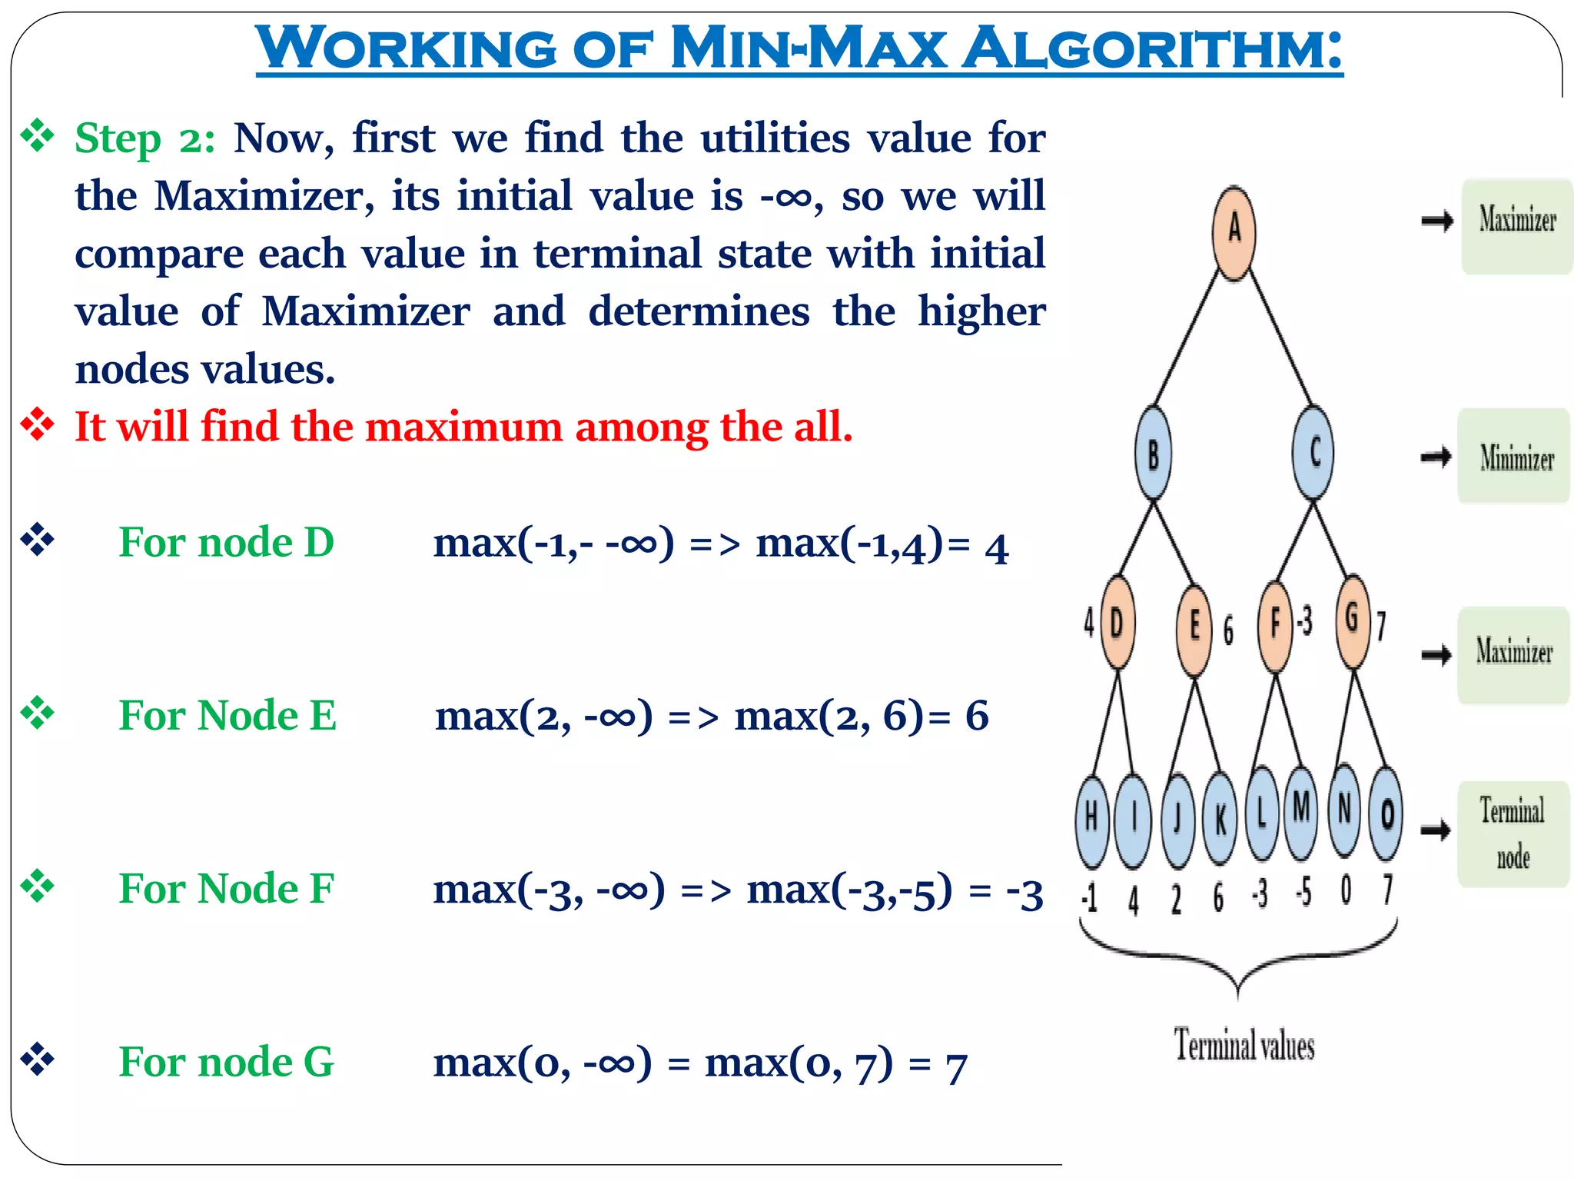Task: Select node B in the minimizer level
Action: pyautogui.click(x=1153, y=454)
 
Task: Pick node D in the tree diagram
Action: pyautogui.click(x=1117, y=623)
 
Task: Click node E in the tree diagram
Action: pyautogui.click(x=1194, y=628)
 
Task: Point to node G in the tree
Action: pyautogui.click(x=1353, y=620)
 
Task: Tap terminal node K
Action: pyautogui.click(x=1220, y=819)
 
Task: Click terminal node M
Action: pyautogui.click(x=1300, y=811)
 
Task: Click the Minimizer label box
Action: pyautogui.click(x=1514, y=457)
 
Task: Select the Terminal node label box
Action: pyautogui.click(x=1513, y=834)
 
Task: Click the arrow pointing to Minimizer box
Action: pyautogui.click(x=1436, y=457)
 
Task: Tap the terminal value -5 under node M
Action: pyautogui.click(x=1303, y=893)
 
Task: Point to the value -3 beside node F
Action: pyautogui.click(x=1305, y=621)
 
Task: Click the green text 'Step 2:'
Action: pyautogui.click(x=144, y=139)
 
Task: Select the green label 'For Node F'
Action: pyautogui.click(x=227, y=889)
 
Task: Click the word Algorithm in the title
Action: pyautogui.click(x=1152, y=48)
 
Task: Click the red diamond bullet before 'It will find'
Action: pyautogui.click(x=38, y=425)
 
